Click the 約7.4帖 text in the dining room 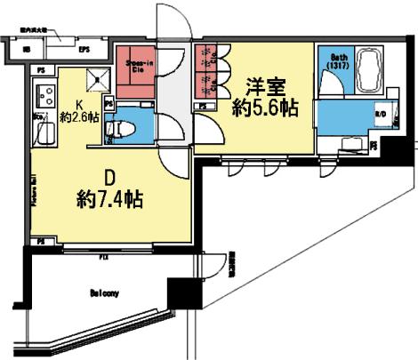click(108, 196)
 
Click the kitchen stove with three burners click(43, 92)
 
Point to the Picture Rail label click(35, 190)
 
